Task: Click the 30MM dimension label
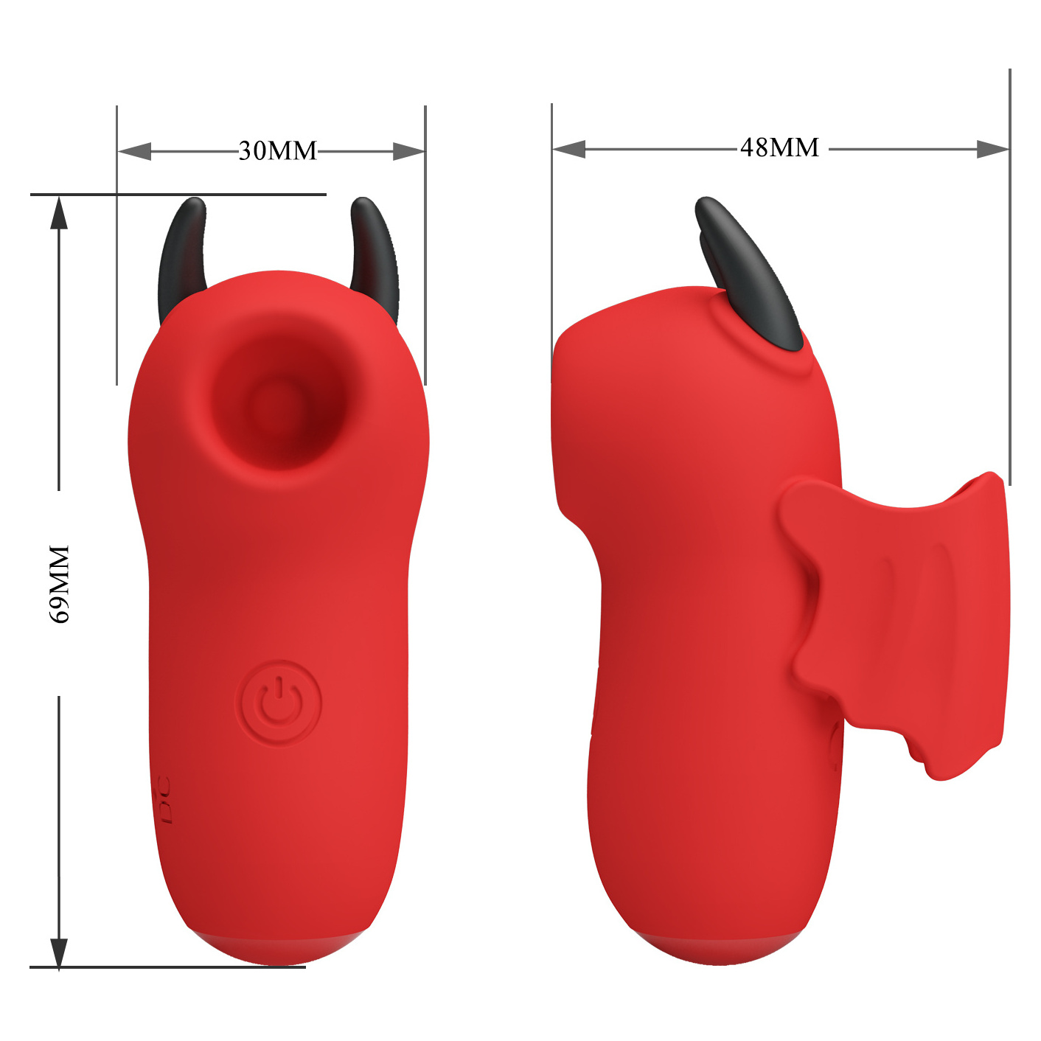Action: (278, 151)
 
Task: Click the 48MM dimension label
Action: (779, 147)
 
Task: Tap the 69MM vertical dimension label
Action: (60, 585)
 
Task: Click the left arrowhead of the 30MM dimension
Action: (134, 151)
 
